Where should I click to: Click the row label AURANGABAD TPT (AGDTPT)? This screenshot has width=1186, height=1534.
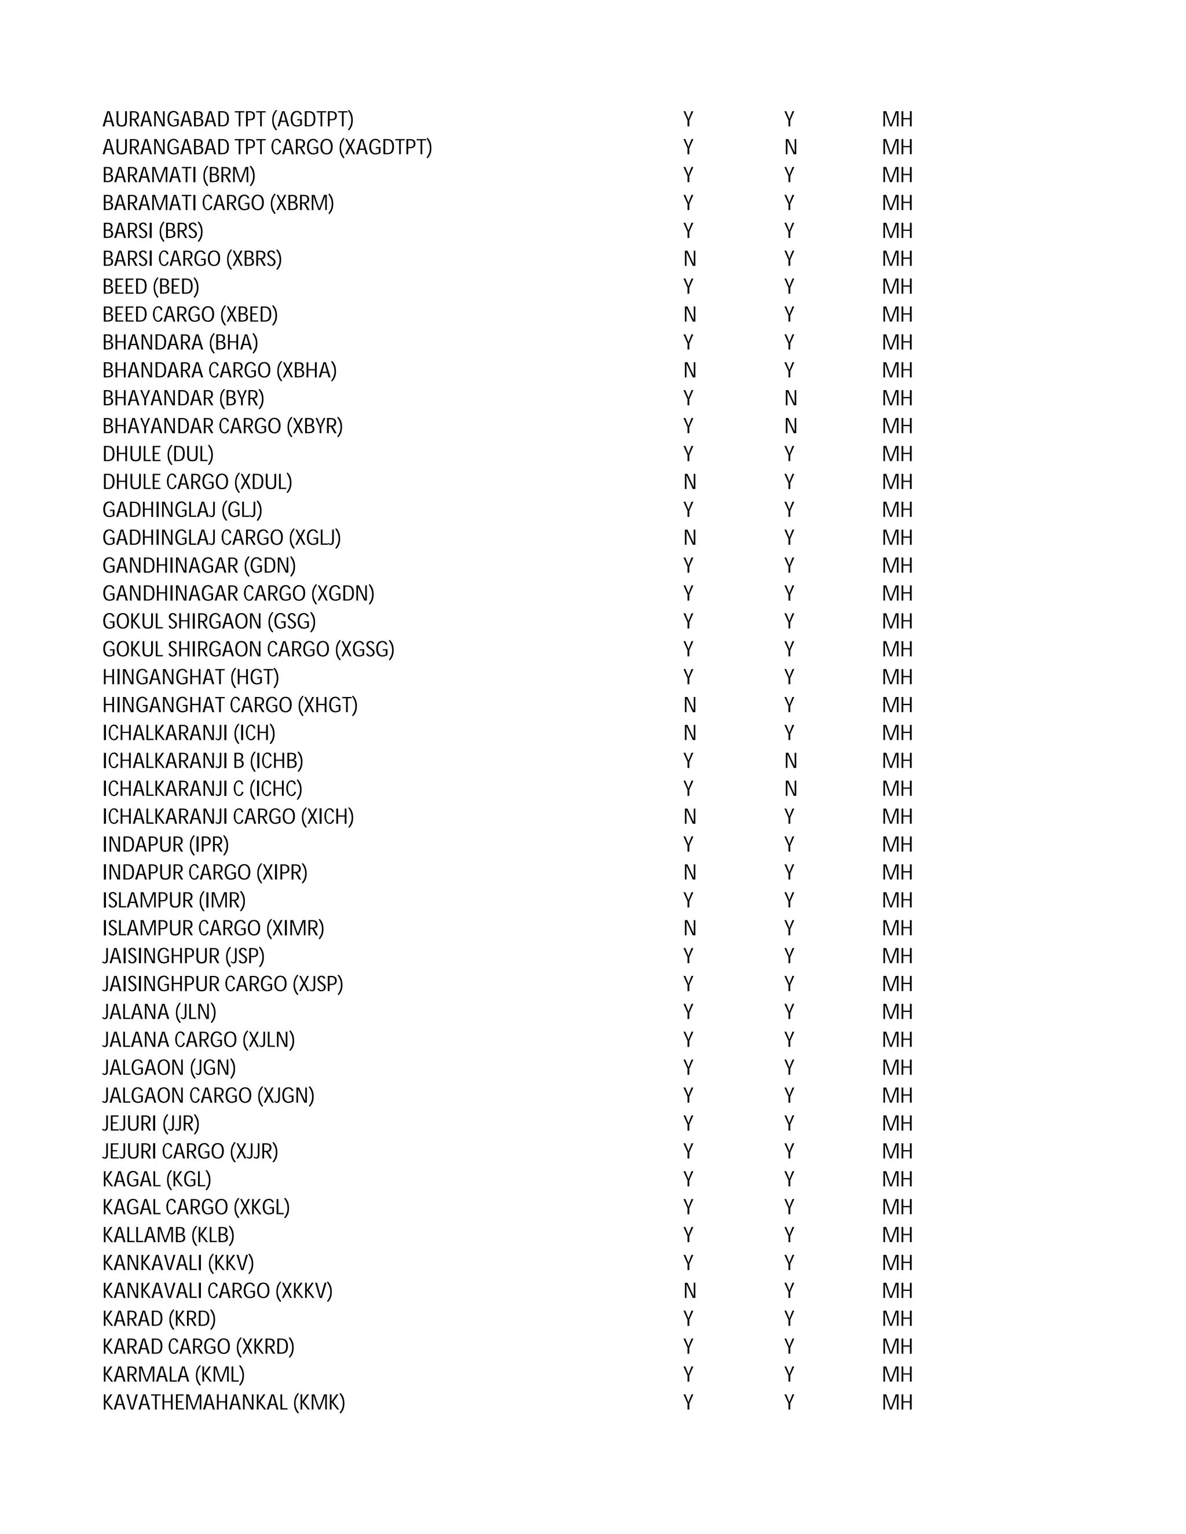tap(228, 119)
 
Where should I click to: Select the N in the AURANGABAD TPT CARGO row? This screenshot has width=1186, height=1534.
tap(790, 148)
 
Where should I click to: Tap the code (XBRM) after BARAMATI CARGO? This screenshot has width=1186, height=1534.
tap(302, 203)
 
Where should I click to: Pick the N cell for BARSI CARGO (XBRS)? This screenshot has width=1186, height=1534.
tap(689, 259)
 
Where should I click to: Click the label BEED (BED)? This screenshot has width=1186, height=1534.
tap(151, 287)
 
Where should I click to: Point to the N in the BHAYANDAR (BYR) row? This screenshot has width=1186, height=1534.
tap(790, 398)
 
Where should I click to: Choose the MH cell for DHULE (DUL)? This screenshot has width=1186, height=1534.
tap(897, 454)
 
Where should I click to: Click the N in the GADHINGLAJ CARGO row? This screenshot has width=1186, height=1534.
tap(689, 538)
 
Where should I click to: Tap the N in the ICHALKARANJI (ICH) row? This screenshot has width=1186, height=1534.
tap(689, 733)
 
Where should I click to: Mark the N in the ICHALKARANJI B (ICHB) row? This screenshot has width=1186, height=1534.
tap(790, 761)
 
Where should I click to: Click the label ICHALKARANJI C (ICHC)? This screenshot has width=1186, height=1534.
tap(202, 789)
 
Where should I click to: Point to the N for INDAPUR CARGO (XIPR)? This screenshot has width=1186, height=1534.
tap(689, 872)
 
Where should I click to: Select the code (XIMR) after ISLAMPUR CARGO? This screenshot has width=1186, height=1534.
tap(295, 929)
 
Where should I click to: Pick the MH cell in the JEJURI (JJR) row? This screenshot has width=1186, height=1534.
tap(897, 1124)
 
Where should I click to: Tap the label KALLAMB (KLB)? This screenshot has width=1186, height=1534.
tap(168, 1235)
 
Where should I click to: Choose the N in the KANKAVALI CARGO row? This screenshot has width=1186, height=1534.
tap(689, 1291)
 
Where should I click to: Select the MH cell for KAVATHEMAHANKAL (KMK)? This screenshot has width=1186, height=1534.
tap(897, 1403)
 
